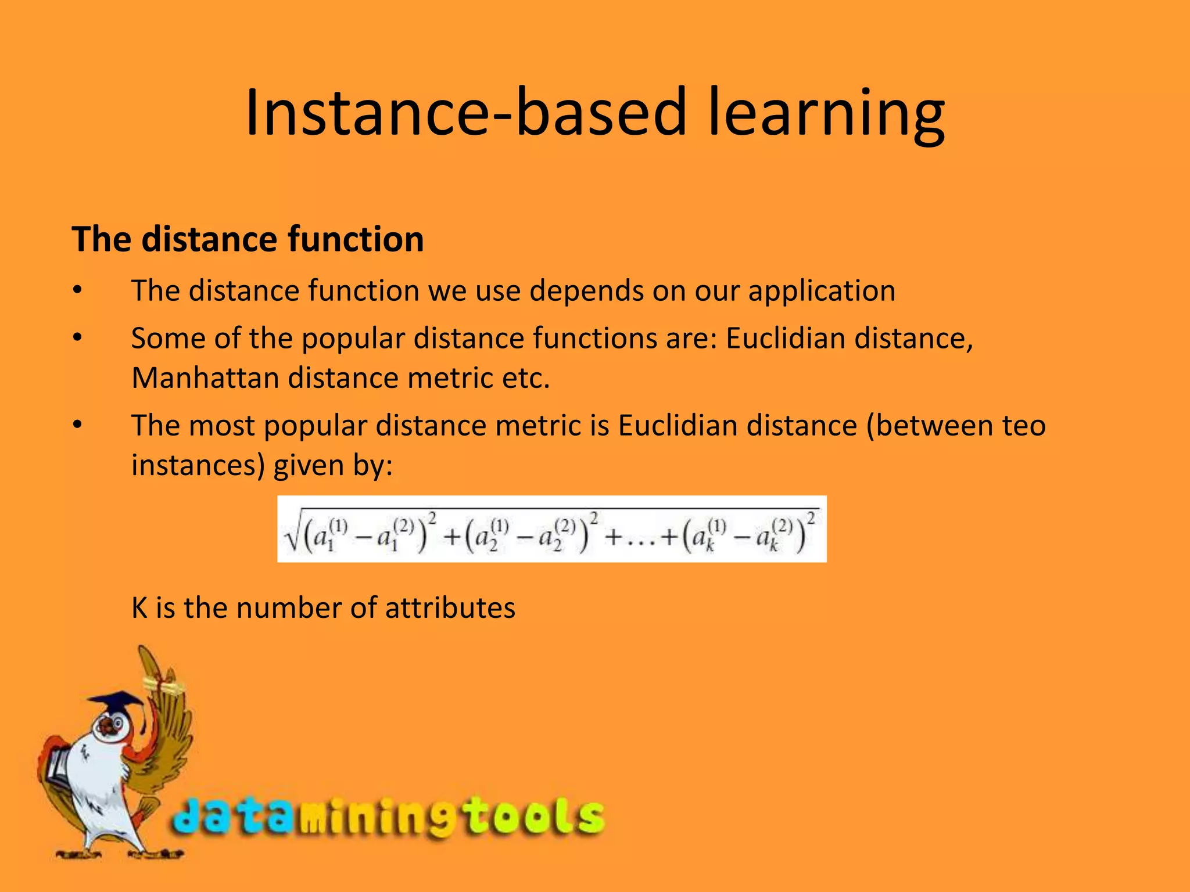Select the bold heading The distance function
point(248,239)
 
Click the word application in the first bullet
point(822,291)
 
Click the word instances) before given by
point(198,465)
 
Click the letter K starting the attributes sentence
point(139,608)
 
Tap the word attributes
point(450,608)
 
